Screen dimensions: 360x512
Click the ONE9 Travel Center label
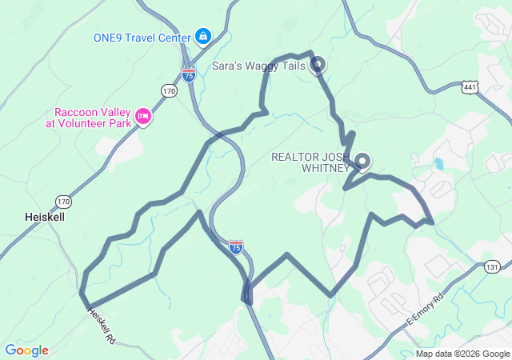[x=142, y=37]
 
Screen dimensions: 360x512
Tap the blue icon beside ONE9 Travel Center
[x=203, y=36]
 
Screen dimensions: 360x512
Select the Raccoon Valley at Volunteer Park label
[x=93, y=118]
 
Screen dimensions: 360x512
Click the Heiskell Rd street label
[x=102, y=326]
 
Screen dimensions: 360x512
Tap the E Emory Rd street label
[x=424, y=310]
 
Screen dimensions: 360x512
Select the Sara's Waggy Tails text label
[x=258, y=66]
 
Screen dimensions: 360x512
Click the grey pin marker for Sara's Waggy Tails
[x=318, y=64]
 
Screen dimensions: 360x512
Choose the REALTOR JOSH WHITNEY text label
[x=310, y=162]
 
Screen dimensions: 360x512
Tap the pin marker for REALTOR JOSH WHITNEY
[x=362, y=161]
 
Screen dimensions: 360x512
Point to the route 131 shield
[x=492, y=267]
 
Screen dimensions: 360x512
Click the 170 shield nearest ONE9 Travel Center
[x=168, y=90]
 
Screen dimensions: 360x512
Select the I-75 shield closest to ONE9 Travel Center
[x=189, y=75]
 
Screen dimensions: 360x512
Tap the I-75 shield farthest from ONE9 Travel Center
[x=236, y=246]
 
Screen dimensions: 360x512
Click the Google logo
[x=26, y=350]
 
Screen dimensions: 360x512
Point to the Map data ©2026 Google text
[x=462, y=354]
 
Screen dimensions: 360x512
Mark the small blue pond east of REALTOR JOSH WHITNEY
[x=438, y=165]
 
